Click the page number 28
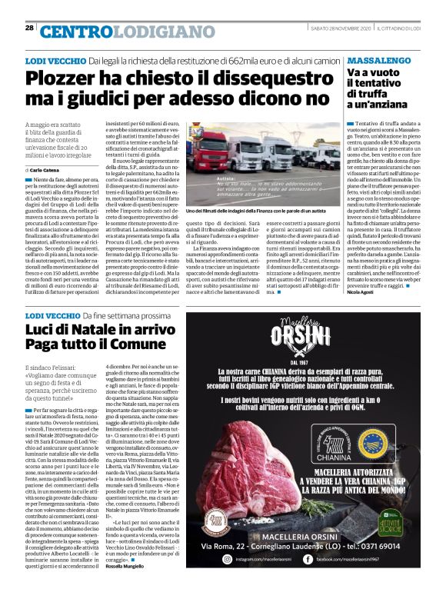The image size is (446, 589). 29,28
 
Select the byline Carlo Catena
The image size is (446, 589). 45,168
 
